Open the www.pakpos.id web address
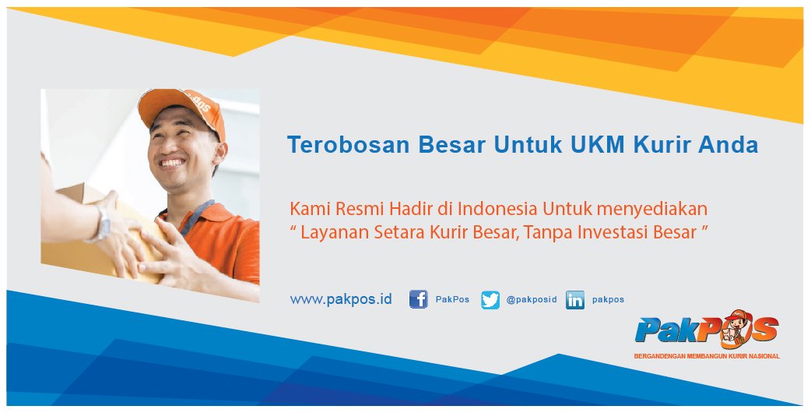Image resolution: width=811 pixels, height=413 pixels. (x=341, y=299)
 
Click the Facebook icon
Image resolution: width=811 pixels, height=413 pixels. (x=419, y=299)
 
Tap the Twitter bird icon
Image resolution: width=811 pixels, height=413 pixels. (x=490, y=300)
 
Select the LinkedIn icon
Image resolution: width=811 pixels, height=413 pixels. (x=575, y=300)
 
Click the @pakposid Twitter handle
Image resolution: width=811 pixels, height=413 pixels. (x=532, y=299)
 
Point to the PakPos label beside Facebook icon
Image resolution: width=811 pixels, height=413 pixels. (x=452, y=299)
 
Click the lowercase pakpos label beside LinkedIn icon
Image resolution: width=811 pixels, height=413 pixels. (x=608, y=299)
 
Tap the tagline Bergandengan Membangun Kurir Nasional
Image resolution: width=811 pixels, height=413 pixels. (x=707, y=356)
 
